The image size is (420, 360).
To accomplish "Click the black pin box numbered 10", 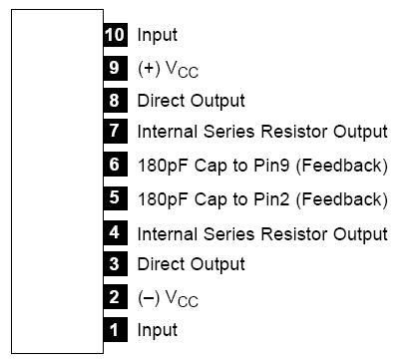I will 115,35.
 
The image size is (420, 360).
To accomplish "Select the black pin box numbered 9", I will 115,68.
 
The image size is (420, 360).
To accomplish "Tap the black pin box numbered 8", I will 115,100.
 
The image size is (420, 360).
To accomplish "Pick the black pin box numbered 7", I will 115,131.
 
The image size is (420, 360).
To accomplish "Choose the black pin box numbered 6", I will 115,165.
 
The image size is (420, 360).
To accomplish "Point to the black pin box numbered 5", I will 115,197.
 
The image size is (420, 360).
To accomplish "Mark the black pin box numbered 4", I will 115,233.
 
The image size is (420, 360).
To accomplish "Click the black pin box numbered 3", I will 115,264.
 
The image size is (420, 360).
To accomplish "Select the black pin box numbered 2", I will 115,297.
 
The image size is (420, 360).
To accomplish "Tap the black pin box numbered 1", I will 115,329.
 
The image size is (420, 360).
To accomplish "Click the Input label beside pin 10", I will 158,36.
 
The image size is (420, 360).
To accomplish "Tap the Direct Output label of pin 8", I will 191,101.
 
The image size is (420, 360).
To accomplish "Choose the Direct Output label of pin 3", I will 191,265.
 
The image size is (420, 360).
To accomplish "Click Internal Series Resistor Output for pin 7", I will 262,132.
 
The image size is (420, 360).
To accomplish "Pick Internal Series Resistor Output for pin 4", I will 262,234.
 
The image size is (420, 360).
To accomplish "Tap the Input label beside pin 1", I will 158,330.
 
